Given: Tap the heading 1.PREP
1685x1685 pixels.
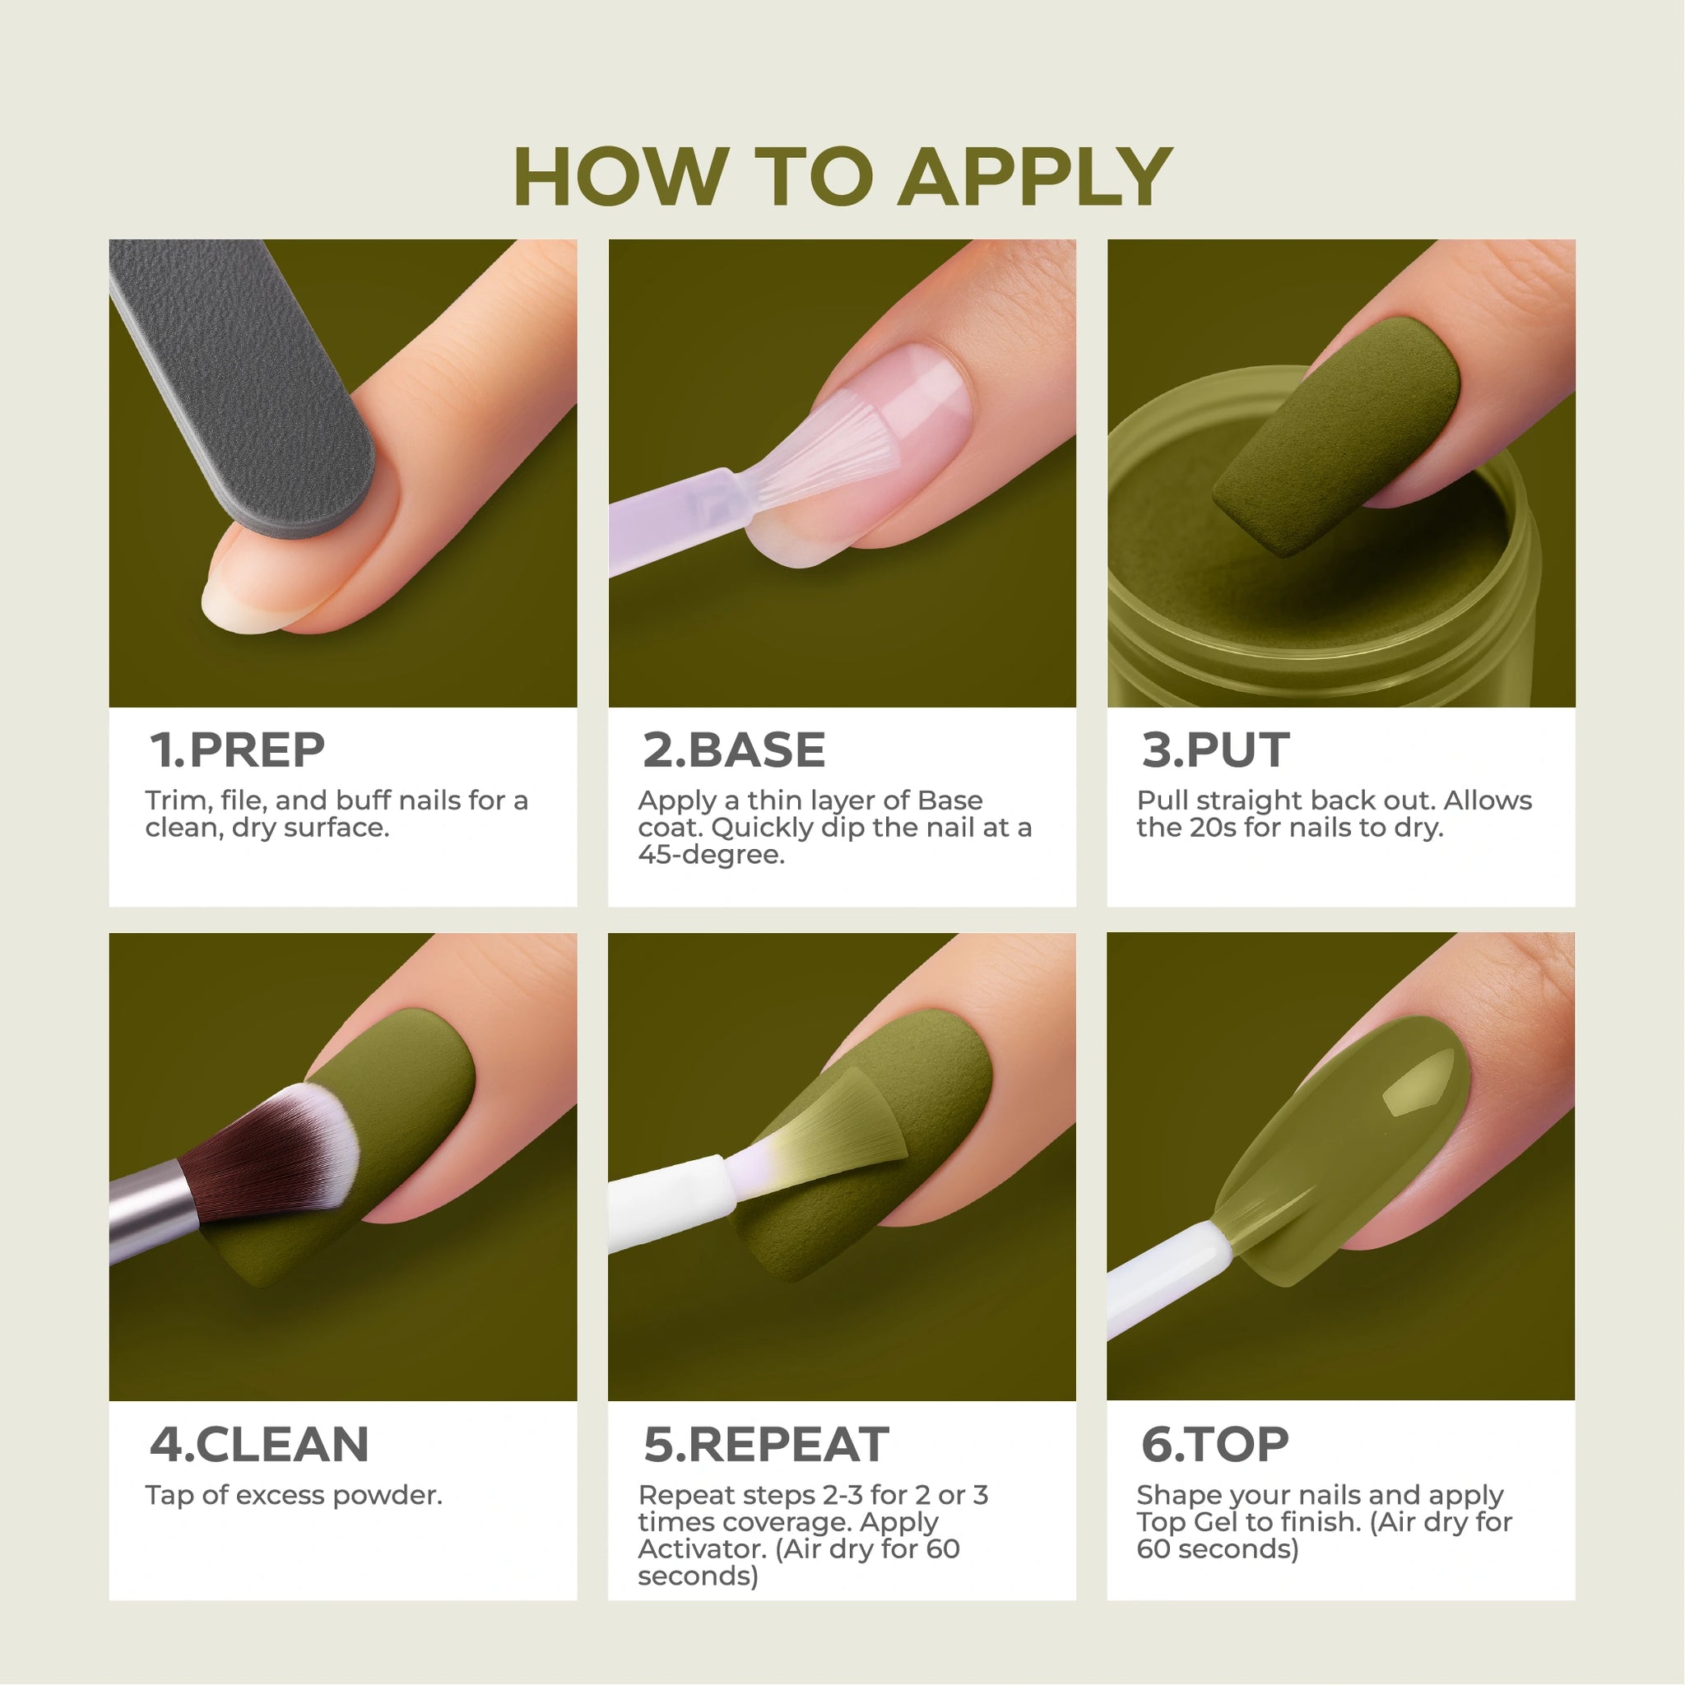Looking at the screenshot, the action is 237,750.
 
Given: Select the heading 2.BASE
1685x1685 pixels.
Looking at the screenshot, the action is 733,750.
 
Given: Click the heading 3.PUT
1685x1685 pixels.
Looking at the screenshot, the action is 1215,750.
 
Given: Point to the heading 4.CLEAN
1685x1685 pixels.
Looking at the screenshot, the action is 259,1444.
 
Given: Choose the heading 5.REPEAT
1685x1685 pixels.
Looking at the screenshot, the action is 766,1444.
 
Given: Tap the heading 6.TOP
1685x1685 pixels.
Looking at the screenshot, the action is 1214,1444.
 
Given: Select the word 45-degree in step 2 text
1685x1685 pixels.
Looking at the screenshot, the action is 712,855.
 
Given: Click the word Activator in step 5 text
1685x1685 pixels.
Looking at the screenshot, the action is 702,1549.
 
